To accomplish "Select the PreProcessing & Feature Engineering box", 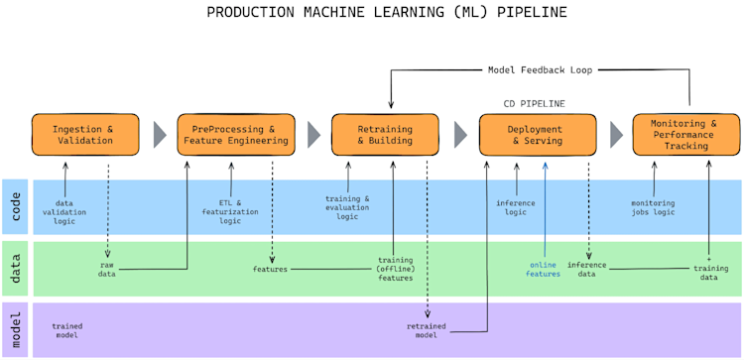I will (236, 134).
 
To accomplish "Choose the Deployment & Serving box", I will (537, 134).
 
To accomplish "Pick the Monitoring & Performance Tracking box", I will (685, 134).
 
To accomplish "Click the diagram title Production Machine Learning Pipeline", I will (372, 13).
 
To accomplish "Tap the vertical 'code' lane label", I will (15, 206).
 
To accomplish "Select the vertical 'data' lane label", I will (15, 269).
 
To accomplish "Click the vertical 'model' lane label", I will (15, 329).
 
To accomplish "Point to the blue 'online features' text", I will (544, 269).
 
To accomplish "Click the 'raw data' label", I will (106, 269).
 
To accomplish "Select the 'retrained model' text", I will (427, 330).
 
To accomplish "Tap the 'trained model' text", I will (67, 330).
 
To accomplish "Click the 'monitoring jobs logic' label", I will (653, 206).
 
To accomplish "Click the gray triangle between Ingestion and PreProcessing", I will (160, 134).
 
